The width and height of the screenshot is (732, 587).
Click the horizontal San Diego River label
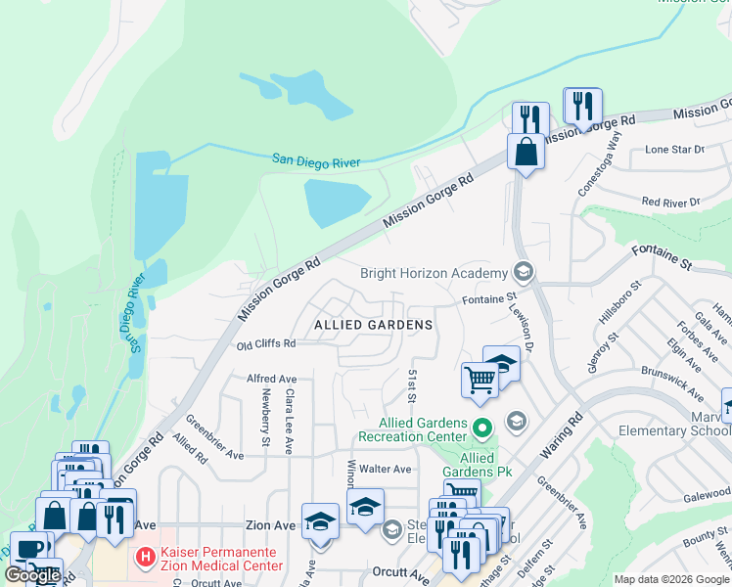pyautogui.click(x=316, y=161)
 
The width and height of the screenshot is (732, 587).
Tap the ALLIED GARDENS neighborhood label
pyautogui.click(x=373, y=324)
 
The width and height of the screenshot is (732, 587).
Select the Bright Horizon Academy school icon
pyautogui.click(x=523, y=272)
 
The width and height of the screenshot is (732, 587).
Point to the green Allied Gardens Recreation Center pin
pyautogui.click(x=480, y=429)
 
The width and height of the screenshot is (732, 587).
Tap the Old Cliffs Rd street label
pyautogui.click(x=265, y=344)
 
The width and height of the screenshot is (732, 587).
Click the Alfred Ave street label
pyautogui.click(x=271, y=379)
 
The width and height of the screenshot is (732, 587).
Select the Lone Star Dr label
pyautogui.click(x=674, y=150)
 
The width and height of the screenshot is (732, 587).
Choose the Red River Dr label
pyautogui.click(x=671, y=202)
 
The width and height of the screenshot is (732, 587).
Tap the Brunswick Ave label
pyautogui.click(x=671, y=384)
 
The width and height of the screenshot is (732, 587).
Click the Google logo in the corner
pyautogui.click(x=32, y=575)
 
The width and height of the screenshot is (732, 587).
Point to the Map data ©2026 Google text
pyautogui.click(x=671, y=579)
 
